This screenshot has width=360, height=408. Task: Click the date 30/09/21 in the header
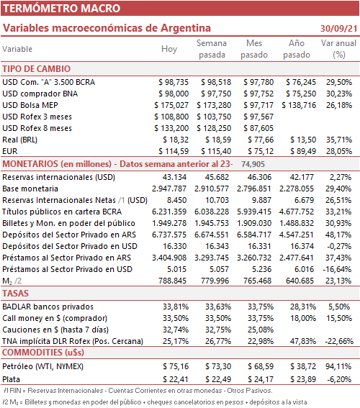[338, 28]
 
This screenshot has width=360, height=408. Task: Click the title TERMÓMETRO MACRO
[62, 9]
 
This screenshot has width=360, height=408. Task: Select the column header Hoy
[169, 49]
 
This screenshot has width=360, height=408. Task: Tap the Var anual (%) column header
[338, 49]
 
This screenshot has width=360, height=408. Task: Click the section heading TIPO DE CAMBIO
[37, 69]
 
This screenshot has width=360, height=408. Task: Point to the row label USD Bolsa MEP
[30, 105]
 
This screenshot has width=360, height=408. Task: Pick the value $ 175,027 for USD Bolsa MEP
[171, 105]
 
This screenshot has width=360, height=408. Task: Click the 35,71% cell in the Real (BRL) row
[339, 140]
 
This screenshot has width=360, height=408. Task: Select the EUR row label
[10, 151]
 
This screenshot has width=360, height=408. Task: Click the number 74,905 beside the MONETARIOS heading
[253, 164]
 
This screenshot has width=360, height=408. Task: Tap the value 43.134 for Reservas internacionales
[174, 177]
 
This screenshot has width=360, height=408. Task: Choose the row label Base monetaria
[30, 189]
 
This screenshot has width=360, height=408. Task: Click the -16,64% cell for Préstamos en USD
[337, 269]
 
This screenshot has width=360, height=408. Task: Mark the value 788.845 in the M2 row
[172, 281]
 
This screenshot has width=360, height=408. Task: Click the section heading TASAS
[15, 294]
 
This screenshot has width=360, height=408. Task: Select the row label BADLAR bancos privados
[48, 307]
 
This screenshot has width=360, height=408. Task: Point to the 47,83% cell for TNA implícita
[303, 341]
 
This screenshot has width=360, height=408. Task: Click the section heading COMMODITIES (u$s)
[43, 353]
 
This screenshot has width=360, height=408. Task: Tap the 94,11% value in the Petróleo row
[338, 366]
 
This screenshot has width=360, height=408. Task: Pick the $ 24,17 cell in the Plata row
[261, 379]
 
